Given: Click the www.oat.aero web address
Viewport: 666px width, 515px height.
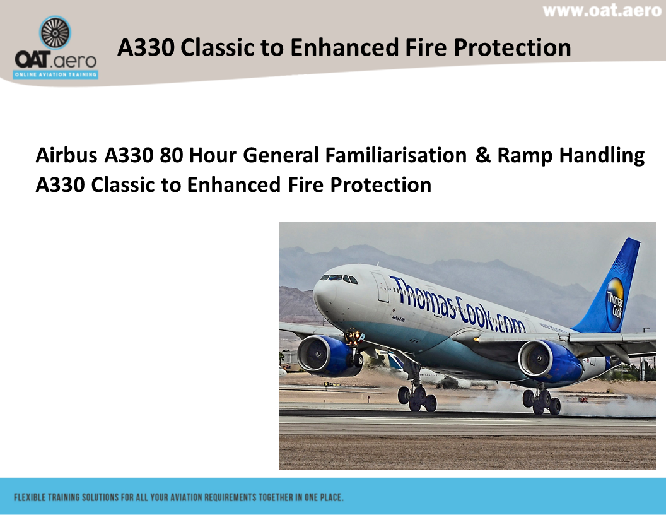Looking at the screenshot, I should click(x=602, y=11).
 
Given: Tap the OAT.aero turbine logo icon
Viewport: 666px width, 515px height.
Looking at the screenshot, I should click(x=55, y=33).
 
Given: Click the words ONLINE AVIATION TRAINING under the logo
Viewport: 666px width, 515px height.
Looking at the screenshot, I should click(x=56, y=74).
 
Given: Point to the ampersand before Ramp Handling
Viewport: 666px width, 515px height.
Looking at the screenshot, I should click(x=482, y=155).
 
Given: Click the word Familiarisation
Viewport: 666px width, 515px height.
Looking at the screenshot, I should click(x=395, y=155).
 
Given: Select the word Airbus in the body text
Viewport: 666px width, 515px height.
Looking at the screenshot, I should click(x=62, y=155).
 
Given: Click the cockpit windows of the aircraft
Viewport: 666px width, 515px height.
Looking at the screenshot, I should click(x=340, y=278).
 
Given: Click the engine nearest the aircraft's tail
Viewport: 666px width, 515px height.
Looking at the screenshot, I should click(x=547, y=361).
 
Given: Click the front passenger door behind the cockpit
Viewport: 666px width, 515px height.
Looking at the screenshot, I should click(x=381, y=287).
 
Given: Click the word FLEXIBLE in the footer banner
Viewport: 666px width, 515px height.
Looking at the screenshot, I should click(x=30, y=497).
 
